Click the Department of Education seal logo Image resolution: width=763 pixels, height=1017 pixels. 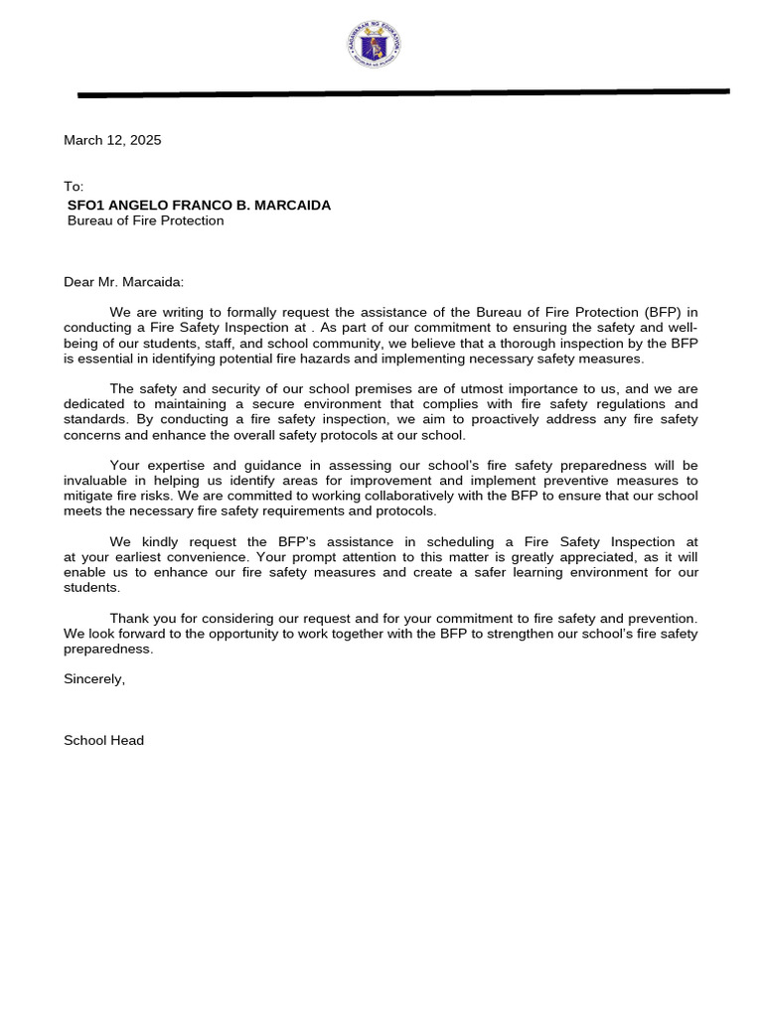pyautogui.click(x=375, y=45)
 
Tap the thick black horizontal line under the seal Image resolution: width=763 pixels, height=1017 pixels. pyautogui.click(x=403, y=93)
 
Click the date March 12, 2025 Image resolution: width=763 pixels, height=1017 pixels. pyautogui.click(x=112, y=140)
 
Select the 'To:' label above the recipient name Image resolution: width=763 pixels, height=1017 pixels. pyautogui.click(x=74, y=187)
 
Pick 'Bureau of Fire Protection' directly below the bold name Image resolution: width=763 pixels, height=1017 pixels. pyautogui.click(x=145, y=220)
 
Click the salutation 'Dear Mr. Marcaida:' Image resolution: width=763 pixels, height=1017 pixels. pyautogui.click(x=124, y=282)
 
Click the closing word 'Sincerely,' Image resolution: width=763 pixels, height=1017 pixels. pyautogui.click(x=94, y=679)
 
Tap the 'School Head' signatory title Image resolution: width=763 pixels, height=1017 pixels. pyautogui.click(x=103, y=740)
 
